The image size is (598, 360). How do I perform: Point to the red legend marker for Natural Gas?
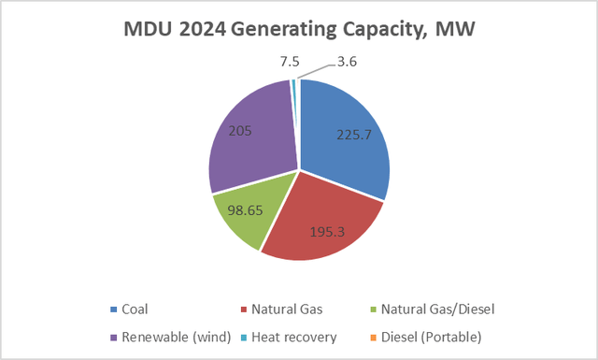245,309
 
